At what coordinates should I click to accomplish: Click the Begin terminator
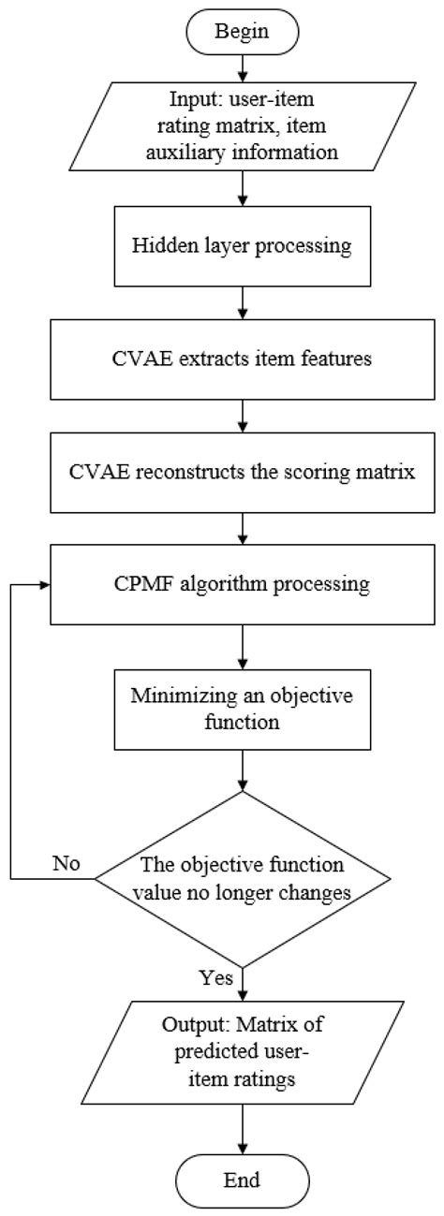click(244, 30)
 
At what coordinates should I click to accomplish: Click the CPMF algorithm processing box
click(244, 586)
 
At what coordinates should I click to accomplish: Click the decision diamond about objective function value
click(244, 878)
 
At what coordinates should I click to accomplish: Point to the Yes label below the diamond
click(218, 978)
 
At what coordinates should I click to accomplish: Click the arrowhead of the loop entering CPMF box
click(42, 586)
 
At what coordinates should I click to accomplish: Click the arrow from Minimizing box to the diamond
click(244, 768)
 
